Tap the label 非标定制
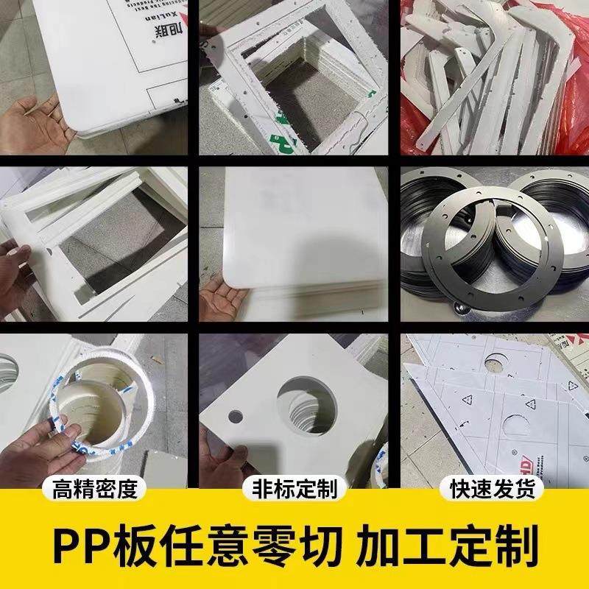(294, 489)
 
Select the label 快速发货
(491, 489)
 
